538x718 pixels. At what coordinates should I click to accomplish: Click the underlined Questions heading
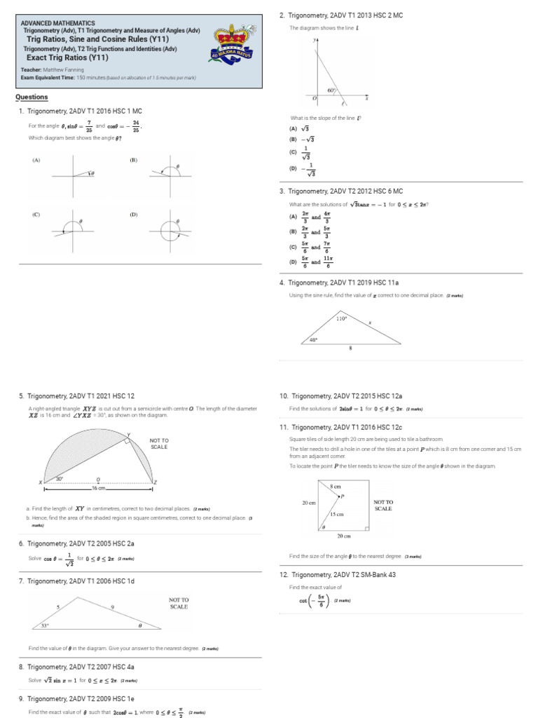point(32,97)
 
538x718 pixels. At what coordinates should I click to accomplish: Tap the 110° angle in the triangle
point(341,319)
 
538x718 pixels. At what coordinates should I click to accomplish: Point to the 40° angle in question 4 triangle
point(313,340)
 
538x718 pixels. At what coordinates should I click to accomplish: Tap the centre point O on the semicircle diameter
point(98,480)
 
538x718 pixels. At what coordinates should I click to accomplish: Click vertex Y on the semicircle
point(128,434)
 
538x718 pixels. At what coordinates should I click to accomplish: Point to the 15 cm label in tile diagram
point(337,514)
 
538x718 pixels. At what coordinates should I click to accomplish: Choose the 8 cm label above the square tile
point(335,485)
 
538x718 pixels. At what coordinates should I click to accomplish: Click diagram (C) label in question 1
point(35,215)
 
